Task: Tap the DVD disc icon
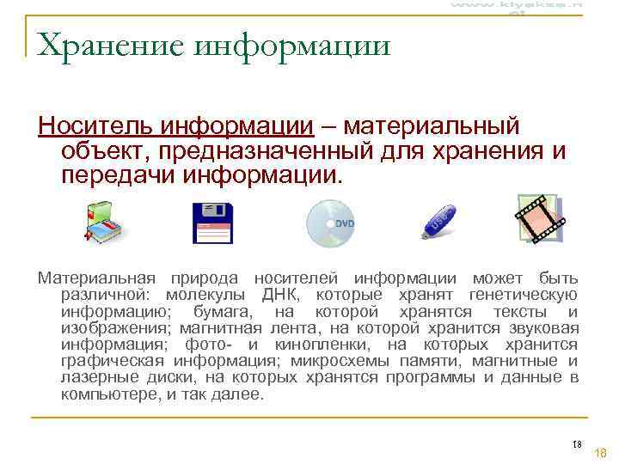pos(331,222)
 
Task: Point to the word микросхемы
pos(331,361)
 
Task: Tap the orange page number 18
pos(601,452)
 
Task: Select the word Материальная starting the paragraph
pos(96,279)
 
